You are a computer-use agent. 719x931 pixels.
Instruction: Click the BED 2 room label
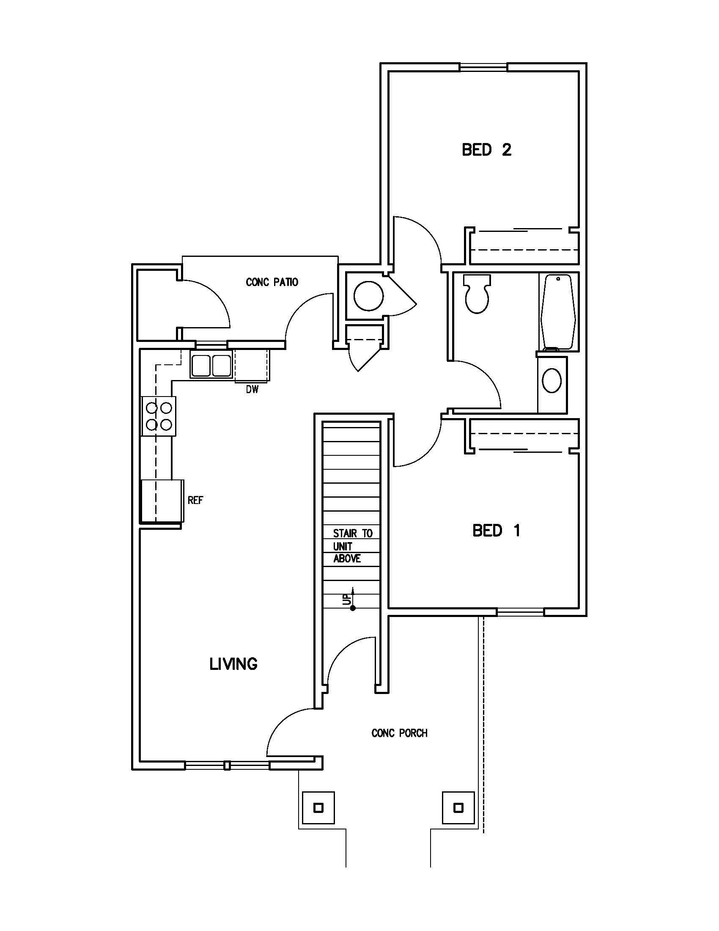[486, 150]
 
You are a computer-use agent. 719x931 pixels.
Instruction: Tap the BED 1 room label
[496, 531]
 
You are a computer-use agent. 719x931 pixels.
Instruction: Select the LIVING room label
[233, 664]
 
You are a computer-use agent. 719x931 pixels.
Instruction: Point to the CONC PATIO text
[272, 282]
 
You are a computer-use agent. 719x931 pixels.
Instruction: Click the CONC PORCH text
[399, 733]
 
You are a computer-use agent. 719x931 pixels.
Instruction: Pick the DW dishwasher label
[252, 389]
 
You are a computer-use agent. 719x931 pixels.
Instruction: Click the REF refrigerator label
[195, 500]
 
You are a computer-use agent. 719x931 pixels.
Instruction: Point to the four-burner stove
[159, 416]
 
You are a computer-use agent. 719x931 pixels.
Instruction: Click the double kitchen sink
[211, 366]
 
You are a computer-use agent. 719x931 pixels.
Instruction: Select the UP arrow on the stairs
[352, 599]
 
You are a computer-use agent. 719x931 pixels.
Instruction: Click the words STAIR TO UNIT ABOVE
[352, 546]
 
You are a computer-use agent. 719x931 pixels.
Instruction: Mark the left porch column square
[318, 808]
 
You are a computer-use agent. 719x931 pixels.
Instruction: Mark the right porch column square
[458, 808]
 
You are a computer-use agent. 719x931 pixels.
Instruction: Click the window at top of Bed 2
[483, 67]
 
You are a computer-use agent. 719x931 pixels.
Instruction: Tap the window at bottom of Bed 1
[521, 612]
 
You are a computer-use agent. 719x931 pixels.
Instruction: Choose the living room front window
[228, 765]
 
